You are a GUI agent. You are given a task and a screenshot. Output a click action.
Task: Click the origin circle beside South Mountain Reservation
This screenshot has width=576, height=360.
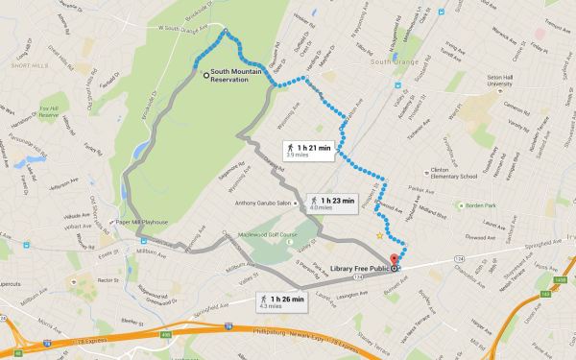tap(205, 74)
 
